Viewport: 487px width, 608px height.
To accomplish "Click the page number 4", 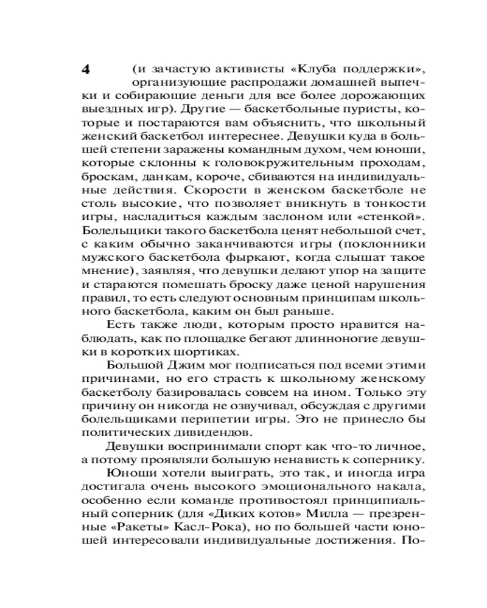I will [85, 68].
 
